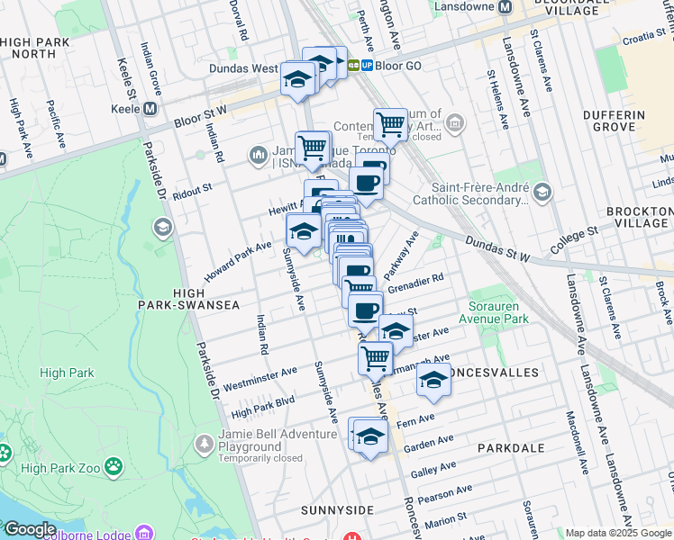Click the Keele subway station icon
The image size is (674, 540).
tap(150, 108)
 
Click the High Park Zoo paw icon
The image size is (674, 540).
tap(114, 466)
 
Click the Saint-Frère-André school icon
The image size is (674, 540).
tap(542, 192)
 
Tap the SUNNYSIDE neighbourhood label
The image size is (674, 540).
tap(338, 510)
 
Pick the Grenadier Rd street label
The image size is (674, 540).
tap(415, 284)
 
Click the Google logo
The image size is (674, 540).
tap(29, 529)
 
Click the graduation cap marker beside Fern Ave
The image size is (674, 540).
tap(369, 436)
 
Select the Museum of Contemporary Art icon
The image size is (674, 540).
tap(455, 121)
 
